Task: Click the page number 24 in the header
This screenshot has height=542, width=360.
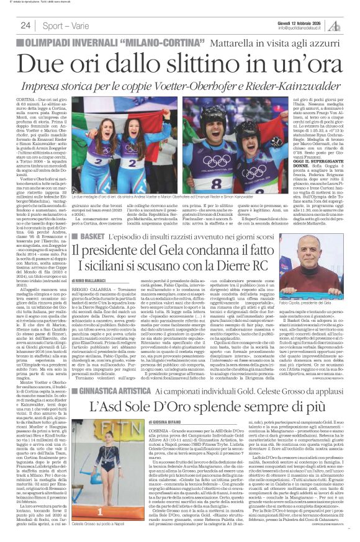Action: [25, 25]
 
